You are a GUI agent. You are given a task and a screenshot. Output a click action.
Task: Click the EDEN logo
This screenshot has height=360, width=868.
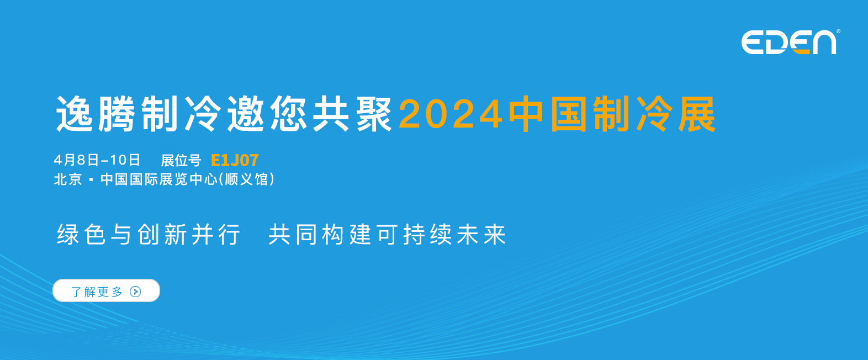789,42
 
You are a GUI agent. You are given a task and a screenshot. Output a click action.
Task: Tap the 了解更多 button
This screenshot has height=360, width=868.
106,290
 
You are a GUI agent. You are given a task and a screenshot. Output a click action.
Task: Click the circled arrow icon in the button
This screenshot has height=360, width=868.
135,292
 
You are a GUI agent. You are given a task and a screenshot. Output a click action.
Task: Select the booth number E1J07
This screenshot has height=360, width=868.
235,160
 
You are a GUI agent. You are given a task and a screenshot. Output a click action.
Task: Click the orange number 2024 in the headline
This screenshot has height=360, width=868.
451,114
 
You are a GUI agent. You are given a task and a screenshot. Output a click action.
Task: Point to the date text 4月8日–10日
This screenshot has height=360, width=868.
97,160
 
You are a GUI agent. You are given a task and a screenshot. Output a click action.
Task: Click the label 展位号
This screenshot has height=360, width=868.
181,160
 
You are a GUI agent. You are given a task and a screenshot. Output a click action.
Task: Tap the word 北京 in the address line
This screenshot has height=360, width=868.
68,179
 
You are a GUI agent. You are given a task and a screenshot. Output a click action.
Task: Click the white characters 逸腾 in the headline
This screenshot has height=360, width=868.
96,114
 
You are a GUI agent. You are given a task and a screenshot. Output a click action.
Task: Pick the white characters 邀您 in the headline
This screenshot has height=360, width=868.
267,114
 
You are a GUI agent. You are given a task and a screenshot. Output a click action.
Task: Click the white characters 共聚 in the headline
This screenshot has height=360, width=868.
352,114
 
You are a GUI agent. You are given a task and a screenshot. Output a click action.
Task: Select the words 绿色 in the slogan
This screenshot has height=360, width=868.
81,234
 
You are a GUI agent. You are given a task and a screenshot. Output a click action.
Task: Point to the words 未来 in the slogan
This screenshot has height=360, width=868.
481,234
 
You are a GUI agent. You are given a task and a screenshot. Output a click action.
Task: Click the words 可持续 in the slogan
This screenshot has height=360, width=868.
414,234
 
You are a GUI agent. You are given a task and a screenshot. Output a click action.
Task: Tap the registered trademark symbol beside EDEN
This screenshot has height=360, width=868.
838,31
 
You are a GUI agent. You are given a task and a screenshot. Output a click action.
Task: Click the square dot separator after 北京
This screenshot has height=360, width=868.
91,180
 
